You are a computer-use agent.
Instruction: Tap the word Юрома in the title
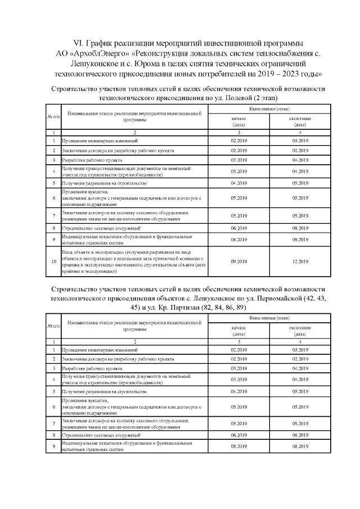(156, 64)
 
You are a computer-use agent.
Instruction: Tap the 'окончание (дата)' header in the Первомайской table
(300, 331)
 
